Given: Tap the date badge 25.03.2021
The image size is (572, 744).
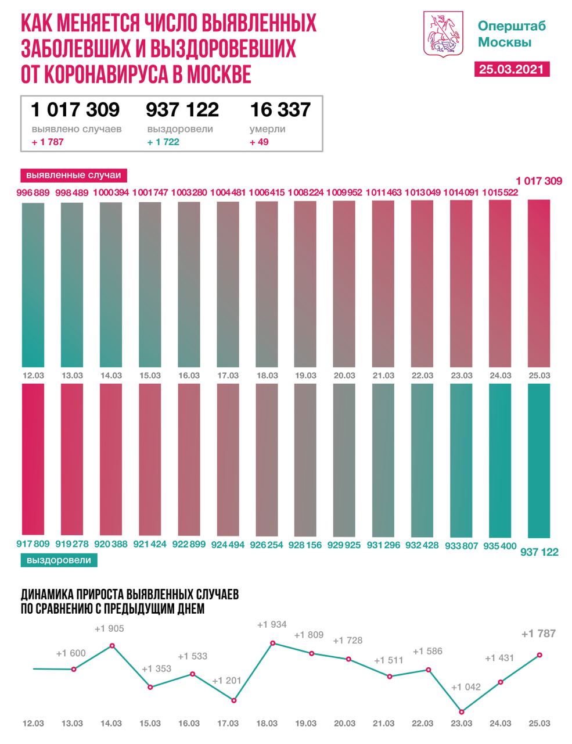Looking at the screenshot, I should tap(512, 69).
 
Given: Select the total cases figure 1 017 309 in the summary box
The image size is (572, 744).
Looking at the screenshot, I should tap(75, 109).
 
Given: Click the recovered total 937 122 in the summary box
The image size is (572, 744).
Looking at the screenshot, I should tap(182, 109).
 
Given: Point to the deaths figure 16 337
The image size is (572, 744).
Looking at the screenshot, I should tap(280, 109).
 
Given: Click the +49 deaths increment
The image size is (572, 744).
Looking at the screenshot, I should tap(259, 142).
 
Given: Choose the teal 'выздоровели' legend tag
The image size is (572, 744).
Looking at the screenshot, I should tap(59, 560).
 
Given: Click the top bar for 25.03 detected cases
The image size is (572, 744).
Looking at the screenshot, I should tap(539, 282).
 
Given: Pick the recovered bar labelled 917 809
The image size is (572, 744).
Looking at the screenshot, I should tap(33, 459).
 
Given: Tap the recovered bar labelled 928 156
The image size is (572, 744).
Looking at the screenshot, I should tap(306, 459).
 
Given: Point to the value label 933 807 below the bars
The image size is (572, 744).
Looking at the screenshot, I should tap(462, 545).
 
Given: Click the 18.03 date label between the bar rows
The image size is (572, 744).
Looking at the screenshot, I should tap(267, 375).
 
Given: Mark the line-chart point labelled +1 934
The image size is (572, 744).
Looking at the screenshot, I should tap(272, 643).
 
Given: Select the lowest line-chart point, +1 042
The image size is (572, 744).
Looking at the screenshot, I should tap(462, 711).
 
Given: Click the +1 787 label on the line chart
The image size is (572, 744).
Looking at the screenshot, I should tap(538, 633).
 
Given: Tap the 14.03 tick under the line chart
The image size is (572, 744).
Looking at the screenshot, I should tap(111, 723).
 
